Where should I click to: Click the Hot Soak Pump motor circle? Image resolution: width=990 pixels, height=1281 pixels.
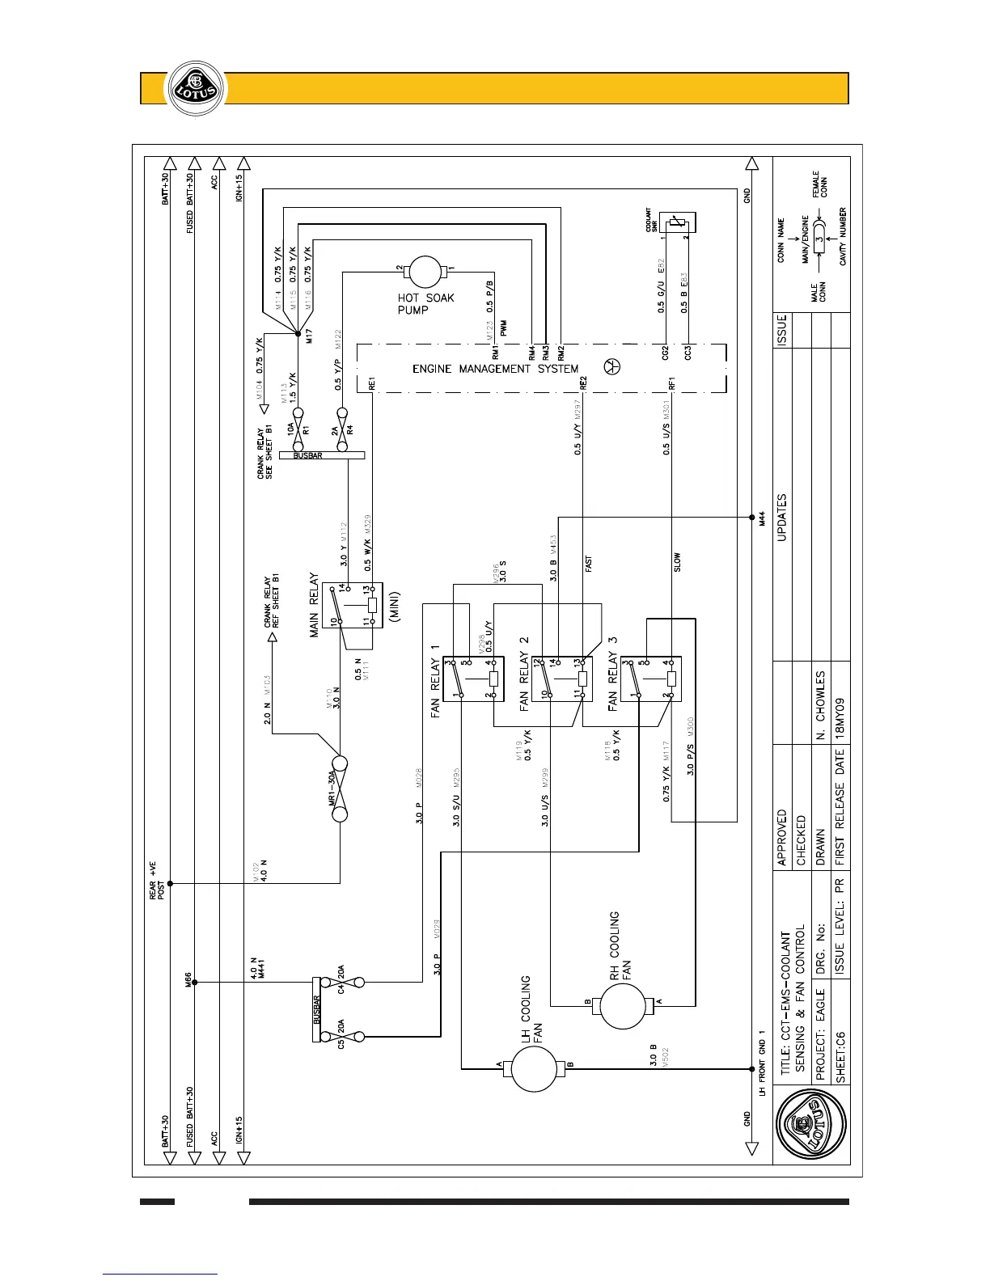coord(425,273)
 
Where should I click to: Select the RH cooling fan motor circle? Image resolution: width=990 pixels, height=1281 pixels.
coord(621,1004)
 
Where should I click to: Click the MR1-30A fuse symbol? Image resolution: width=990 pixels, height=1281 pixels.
coord(339,788)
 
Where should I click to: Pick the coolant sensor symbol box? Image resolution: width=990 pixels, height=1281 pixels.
coord(678,222)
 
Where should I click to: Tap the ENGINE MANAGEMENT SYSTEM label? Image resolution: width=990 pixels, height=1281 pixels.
coord(496,369)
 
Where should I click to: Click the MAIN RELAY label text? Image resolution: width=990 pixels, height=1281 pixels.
coord(315,606)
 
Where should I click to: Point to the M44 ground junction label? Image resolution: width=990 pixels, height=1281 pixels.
coord(762,518)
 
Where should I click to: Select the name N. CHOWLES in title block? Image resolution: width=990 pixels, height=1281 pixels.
coord(821,704)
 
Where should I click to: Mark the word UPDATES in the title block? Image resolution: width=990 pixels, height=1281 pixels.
coord(781,518)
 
